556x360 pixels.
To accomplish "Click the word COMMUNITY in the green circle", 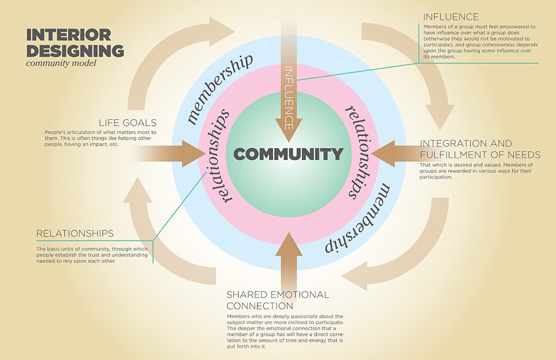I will tap(288, 154).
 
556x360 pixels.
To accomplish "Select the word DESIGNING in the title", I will tap(75, 51).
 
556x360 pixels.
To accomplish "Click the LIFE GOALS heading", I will tap(128, 123).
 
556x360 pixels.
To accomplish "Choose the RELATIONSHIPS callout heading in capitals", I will tap(75, 233).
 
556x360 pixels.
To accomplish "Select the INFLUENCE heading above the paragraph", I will tap(451, 16).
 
